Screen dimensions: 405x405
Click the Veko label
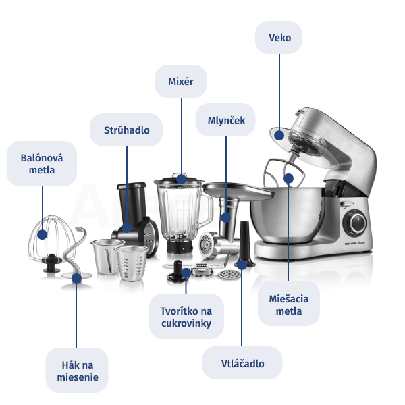coord(279,37)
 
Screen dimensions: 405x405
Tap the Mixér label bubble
coord(181,82)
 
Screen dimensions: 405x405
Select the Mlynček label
coord(225,120)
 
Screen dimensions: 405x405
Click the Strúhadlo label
coord(126,130)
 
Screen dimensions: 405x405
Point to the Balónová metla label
coord(42,164)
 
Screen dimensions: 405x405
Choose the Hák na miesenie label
coord(77,371)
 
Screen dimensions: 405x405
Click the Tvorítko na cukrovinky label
coord(186,317)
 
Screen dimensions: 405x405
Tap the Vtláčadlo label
coord(242,363)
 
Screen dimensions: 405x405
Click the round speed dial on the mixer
coord(354,222)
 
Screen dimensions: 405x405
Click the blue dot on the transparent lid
coord(279,136)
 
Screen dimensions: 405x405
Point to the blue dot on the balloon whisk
coord(42,234)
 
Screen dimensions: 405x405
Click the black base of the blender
coord(180,246)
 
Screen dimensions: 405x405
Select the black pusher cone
coord(244,244)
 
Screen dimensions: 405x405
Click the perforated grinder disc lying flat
coord(229,275)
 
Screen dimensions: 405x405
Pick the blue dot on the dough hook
coord(76,278)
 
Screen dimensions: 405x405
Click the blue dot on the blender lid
coord(182,179)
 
